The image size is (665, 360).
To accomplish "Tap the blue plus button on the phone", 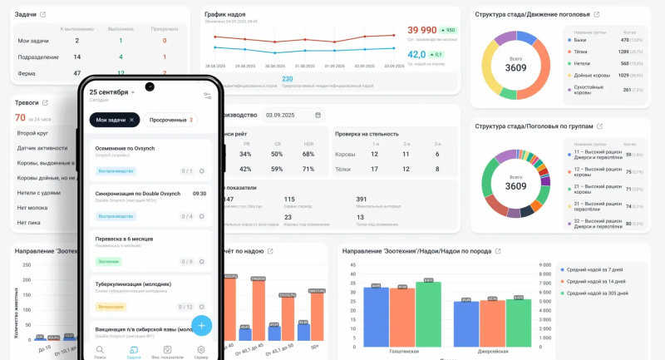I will coord(201,325).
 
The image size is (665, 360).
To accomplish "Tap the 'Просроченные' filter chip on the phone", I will coord(170,120).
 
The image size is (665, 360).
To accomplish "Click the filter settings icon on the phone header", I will coord(208,96).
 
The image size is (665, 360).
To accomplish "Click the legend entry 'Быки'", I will coord(580,39).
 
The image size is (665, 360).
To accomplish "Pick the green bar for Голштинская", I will coord(428,314).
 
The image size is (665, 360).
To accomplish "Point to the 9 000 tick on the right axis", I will coord(545,265).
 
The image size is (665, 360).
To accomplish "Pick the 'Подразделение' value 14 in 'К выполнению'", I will coord(76,57).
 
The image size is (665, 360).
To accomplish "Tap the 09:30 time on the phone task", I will coord(199,193).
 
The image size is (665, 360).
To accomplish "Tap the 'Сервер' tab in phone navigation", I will coord(201,353).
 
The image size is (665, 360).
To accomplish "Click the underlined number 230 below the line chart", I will coord(287,78).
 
